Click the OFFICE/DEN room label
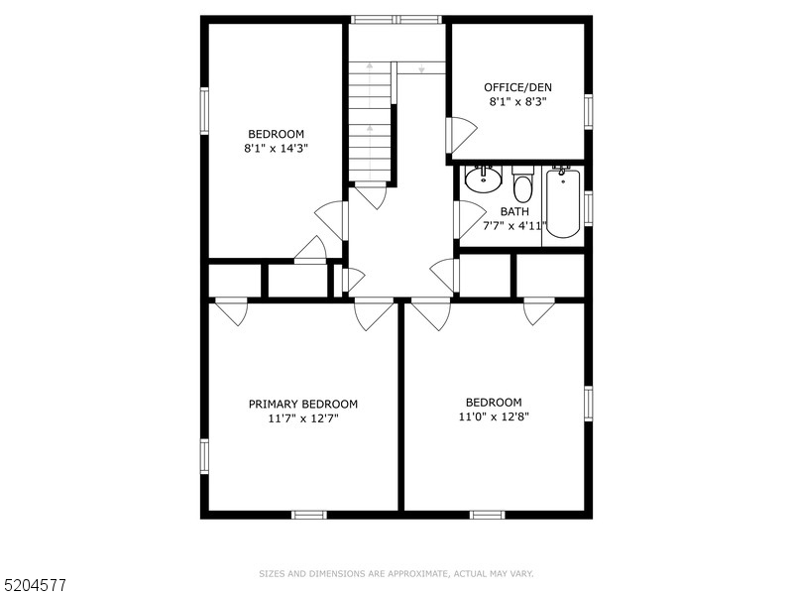click(x=517, y=87)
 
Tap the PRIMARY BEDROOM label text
click(x=303, y=404)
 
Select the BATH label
click(x=514, y=211)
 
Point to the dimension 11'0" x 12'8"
click(x=494, y=416)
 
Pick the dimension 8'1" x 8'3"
click(x=517, y=101)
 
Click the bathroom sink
click(x=483, y=178)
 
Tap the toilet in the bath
click(x=522, y=184)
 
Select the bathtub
click(x=562, y=203)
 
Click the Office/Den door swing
click(x=461, y=134)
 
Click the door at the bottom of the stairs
click(x=372, y=197)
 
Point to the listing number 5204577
click(x=33, y=585)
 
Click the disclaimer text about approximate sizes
click(x=396, y=574)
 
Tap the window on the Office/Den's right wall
click(x=589, y=111)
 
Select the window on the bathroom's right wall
click(x=589, y=207)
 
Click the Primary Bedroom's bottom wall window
click(x=309, y=515)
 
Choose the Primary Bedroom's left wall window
click(x=204, y=456)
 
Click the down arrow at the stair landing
click(x=421, y=67)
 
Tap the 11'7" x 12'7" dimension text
click(x=303, y=418)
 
